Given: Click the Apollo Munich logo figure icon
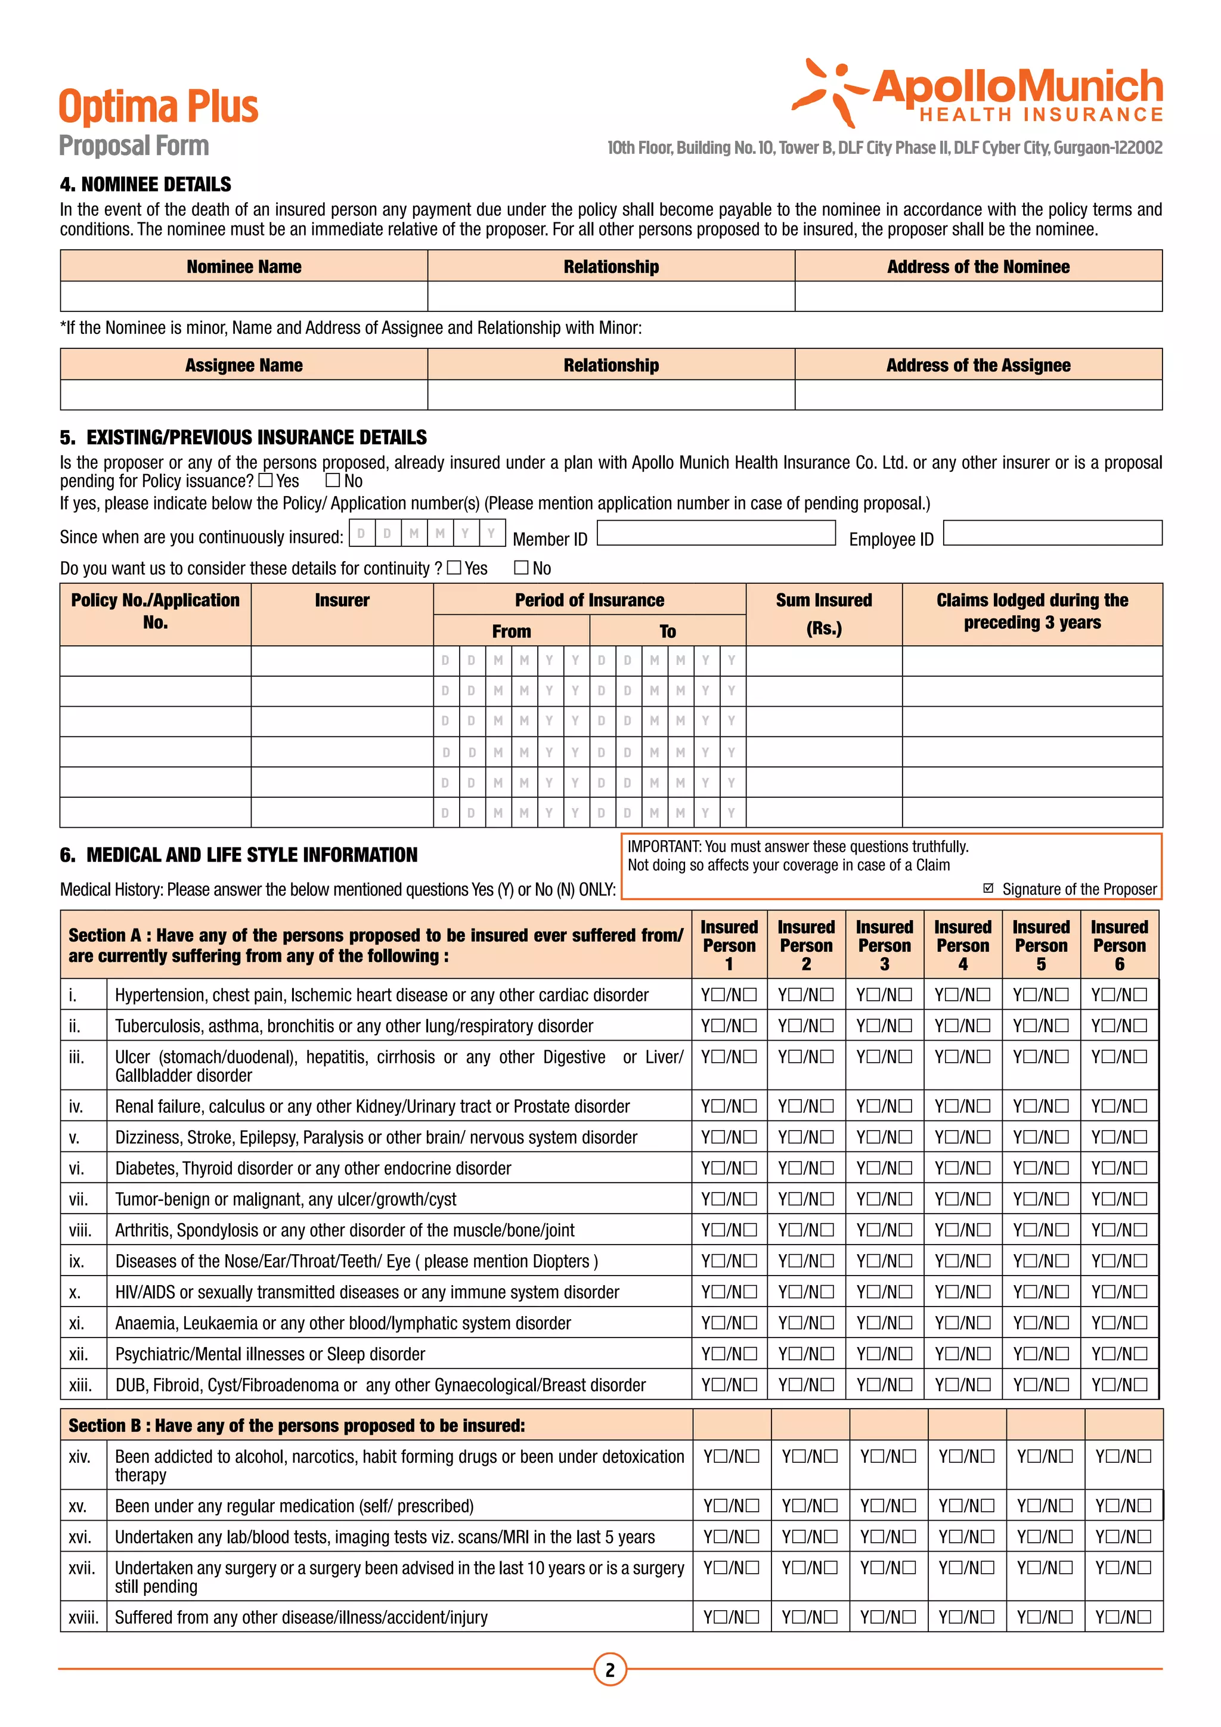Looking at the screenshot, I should coord(829,92).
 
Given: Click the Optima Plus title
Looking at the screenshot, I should coord(159,107).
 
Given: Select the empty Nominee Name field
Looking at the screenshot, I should coord(244,296).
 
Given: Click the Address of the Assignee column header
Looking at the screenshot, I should coord(978,365).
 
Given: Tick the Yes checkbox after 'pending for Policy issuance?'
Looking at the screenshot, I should coord(265,480).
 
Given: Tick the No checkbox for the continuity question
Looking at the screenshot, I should coord(521,567).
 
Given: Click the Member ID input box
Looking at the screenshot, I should coord(716,533).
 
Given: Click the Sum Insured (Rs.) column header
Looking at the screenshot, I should coord(824,614).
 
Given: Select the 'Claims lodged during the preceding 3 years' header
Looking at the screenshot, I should coord(1032,611).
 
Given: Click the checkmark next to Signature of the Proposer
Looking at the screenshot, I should coord(988,889).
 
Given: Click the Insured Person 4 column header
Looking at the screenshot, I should coord(962,945).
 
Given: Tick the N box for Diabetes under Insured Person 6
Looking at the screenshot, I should coord(1140,1168).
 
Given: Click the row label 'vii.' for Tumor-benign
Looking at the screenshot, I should coord(78,1199).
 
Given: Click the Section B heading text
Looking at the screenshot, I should coord(296,1425).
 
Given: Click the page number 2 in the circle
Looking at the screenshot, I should coord(610,1670).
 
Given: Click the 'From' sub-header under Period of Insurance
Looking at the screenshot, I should coord(512,631).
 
